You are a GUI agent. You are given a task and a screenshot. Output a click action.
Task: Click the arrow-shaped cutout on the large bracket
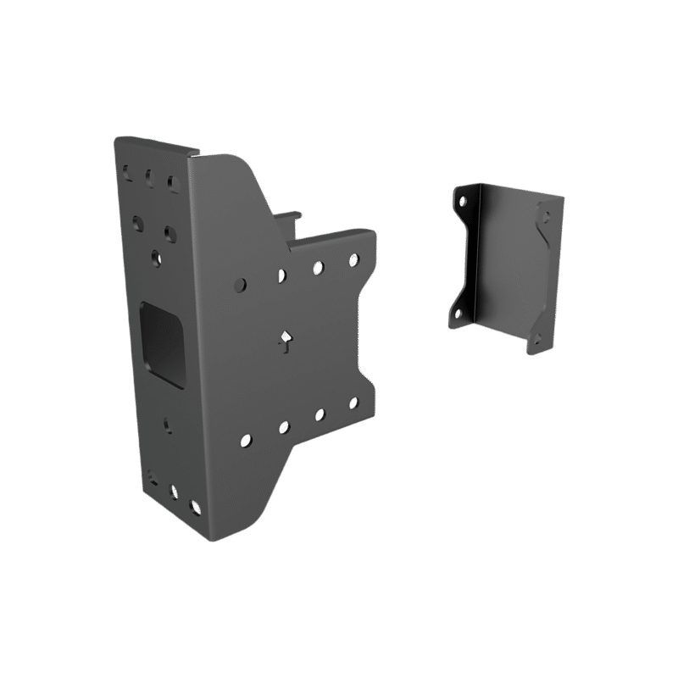pos(286,342)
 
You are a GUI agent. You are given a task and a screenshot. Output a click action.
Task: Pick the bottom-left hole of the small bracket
pos(459,314)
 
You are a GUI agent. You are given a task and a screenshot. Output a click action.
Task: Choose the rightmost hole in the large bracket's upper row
pos(353,259)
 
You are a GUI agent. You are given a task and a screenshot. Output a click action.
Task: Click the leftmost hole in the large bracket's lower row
pos(245,440)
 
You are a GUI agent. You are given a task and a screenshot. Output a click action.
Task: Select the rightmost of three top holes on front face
pos(172,181)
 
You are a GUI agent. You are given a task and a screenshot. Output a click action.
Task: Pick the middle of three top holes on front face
pos(148,178)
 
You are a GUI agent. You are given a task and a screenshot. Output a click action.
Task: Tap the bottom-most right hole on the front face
pos(197,506)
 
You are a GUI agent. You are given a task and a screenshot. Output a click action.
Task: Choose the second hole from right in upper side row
pos(318,266)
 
